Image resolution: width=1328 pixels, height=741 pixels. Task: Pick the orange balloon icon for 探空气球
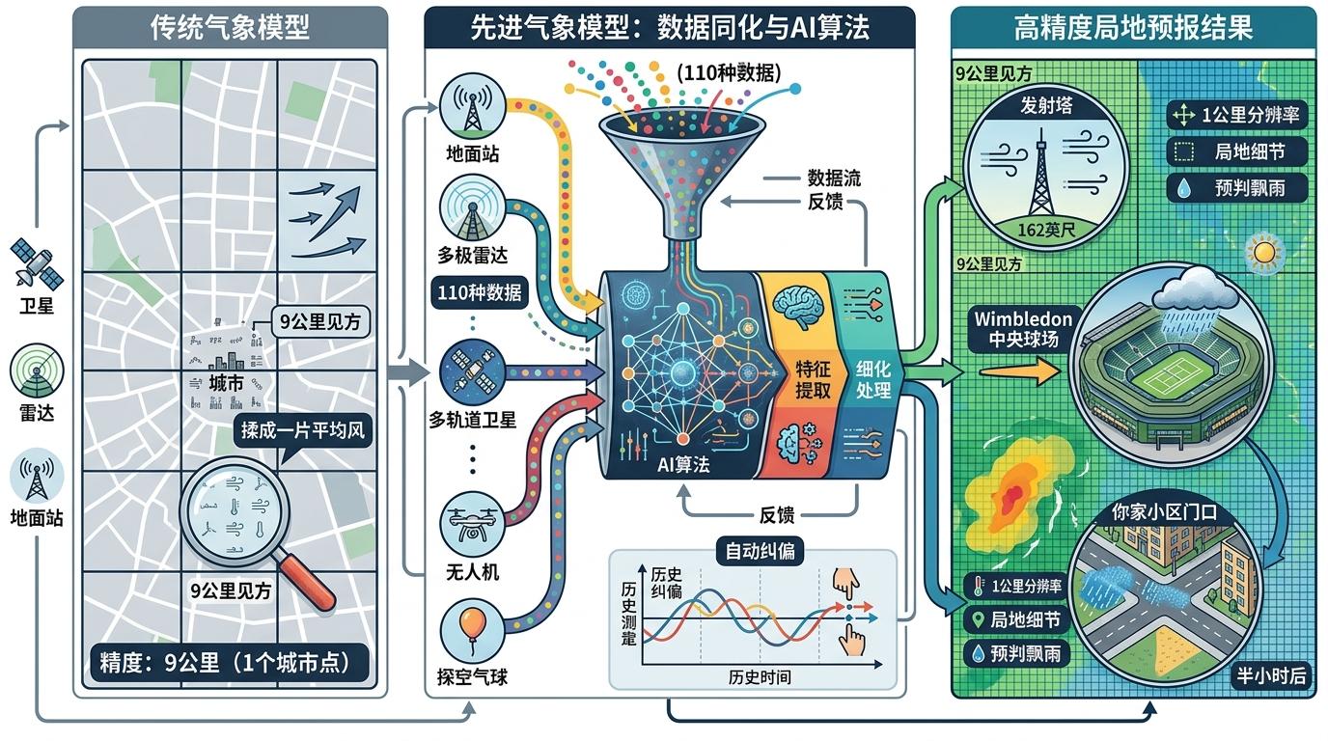[470, 627]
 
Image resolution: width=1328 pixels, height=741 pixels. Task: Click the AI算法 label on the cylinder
[682, 464]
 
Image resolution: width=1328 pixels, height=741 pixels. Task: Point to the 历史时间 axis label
[760, 676]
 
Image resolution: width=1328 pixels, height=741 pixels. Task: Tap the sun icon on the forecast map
[1262, 253]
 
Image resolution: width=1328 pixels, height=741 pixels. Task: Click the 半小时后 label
[1271, 675]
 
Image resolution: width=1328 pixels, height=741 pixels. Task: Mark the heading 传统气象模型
[230, 28]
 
